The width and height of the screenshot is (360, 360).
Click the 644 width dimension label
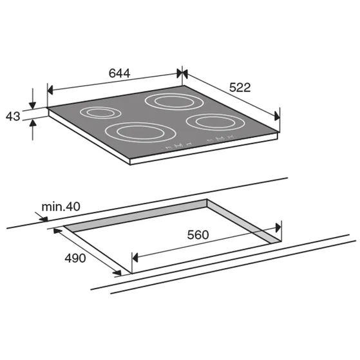[x=119, y=73]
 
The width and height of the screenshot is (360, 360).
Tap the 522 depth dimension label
[x=240, y=88]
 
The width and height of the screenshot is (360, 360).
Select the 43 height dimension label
[x=13, y=116]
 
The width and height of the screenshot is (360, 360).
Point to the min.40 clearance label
[x=61, y=207]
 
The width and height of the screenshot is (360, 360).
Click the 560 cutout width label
[x=198, y=235]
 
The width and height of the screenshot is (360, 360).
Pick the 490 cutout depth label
[x=75, y=258]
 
